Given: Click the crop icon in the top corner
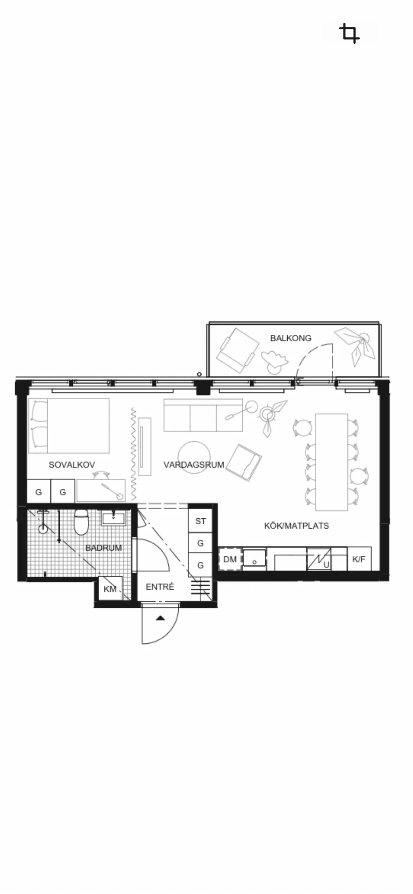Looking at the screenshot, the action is pyautogui.click(x=349, y=34).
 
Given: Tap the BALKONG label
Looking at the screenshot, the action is pyautogui.click(x=291, y=338).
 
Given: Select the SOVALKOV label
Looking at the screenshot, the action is pyautogui.click(x=72, y=465).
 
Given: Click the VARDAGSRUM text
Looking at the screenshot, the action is pyautogui.click(x=194, y=465).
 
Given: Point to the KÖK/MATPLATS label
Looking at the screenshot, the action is pyautogui.click(x=297, y=526).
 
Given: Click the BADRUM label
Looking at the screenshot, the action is pyautogui.click(x=103, y=548).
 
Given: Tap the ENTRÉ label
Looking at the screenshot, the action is pyautogui.click(x=160, y=587).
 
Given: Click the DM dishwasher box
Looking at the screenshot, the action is pyautogui.click(x=230, y=559).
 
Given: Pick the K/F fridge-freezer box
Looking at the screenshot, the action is pyautogui.click(x=359, y=559).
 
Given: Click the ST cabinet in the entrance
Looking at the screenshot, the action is pyautogui.click(x=200, y=521).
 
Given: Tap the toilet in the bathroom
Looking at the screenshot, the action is pyautogui.click(x=81, y=522).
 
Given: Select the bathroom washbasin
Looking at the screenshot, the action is pyautogui.click(x=114, y=518).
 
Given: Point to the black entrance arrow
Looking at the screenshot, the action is pyautogui.click(x=160, y=618).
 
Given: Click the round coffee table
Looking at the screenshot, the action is pyautogui.click(x=194, y=458).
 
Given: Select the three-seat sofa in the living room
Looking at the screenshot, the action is pyautogui.click(x=203, y=415).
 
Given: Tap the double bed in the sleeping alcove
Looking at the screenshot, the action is pyautogui.click(x=68, y=426).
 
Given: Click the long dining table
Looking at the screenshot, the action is pyautogui.click(x=332, y=462).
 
